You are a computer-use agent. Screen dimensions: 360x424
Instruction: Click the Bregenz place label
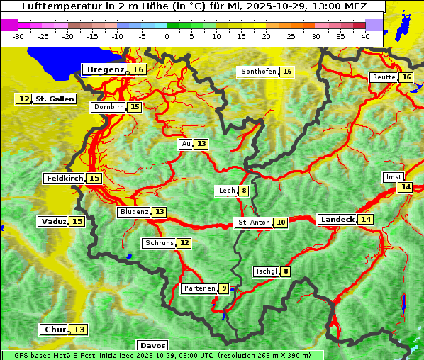pyautogui.click(x=106, y=69)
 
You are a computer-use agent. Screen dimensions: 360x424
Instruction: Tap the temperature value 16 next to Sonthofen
pyautogui.click(x=287, y=72)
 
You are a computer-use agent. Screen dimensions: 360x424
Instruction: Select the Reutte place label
pyautogui.click(x=384, y=77)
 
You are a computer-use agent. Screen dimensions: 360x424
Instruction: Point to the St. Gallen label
pyautogui.click(x=55, y=99)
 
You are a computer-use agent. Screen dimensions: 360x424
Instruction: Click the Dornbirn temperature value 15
pyautogui.click(x=135, y=107)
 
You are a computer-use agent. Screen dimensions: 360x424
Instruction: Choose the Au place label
pyautogui.click(x=186, y=144)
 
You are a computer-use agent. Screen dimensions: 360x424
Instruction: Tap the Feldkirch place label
pyautogui.click(x=65, y=178)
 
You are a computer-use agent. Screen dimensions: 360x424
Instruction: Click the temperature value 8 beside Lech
pyautogui.click(x=244, y=191)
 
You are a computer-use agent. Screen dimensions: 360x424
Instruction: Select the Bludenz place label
pyautogui.click(x=134, y=212)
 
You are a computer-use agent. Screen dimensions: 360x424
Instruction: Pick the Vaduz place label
pyautogui.click(x=54, y=221)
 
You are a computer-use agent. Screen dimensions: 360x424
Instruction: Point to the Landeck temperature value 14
pyautogui.click(x=365, y=220)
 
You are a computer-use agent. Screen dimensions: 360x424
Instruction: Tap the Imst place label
pyautogui.click(x=392, y=176)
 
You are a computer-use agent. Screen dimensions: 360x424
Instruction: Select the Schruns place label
pyautogui.click(x=159, y=243)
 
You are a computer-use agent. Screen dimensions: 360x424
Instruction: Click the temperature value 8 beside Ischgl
pyautogui.click(x=286, y=271)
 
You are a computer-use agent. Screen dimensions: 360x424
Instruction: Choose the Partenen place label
pyautogui.click(x=199, y=288)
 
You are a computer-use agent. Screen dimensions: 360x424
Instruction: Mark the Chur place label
pyautogui.click(x=55, y=330)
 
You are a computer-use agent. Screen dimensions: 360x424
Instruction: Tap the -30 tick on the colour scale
pyautogui.click(x=18, y=35)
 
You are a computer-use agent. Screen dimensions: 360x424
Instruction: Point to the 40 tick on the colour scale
pyautogui.click(x=365, y=35)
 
